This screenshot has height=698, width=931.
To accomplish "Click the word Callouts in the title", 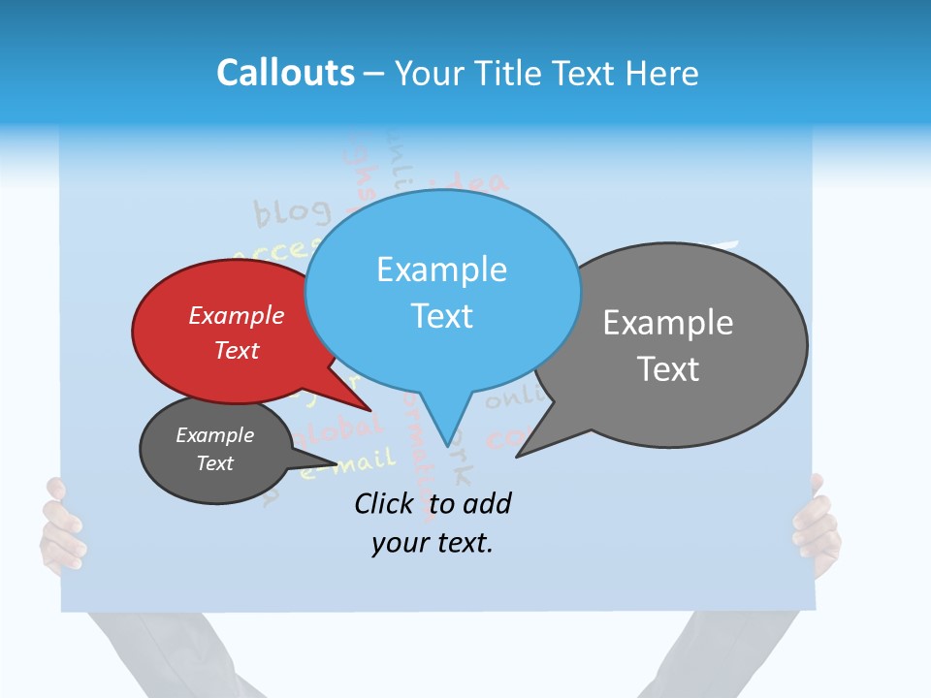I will pos(285,73).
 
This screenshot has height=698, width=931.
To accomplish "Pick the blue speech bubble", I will pos(442,291).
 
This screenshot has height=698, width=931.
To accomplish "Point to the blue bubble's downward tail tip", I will pos(447,443).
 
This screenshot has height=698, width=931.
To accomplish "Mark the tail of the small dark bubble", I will pos(334,460).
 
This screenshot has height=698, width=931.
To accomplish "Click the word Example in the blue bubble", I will pos(441,270).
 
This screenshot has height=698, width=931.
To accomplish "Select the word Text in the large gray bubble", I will pos(668,369).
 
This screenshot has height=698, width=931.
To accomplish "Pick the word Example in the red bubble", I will pos(237,316).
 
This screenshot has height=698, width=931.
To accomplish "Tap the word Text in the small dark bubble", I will pos(215,463).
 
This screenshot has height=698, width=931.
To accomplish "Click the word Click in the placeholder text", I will pos(383,503).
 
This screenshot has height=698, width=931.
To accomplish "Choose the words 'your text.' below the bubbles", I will pos(432,543).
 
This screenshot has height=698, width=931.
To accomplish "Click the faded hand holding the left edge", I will pos(60,528).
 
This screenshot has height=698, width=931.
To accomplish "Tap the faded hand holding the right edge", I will pos(818,523).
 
